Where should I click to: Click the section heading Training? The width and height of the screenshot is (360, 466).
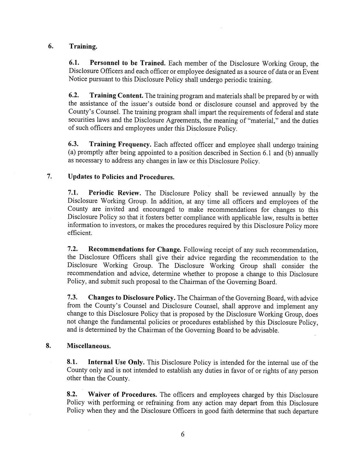coord(83,47)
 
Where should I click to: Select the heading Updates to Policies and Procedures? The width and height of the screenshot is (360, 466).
coord(121,177)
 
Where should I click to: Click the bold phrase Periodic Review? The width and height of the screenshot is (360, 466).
coord(115,193)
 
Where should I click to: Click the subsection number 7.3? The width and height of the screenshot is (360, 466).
coord(72,297)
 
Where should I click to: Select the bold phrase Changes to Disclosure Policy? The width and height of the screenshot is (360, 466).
coord(132,298)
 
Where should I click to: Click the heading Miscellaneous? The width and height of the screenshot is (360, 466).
coord(89,346)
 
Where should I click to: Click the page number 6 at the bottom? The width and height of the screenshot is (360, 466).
coord(182,434)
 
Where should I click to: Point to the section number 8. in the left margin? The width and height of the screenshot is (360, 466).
coord(48,346)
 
